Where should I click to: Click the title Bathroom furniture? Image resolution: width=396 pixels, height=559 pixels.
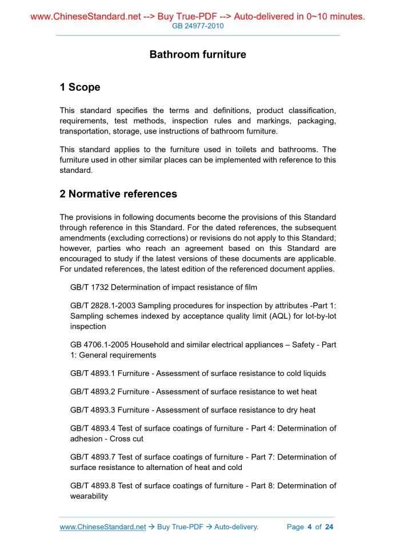(x=198, y=55)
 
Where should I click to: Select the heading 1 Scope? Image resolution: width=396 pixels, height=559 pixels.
(x=80, y=87)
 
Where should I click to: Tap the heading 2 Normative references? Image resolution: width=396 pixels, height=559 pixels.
(x=118, y=194)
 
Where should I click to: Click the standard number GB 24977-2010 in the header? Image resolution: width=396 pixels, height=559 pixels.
(x=198, y=26)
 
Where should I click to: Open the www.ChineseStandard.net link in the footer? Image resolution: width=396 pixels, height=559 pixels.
(x=103, y=527)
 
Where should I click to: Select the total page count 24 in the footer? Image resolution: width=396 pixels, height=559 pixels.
(x=329, y=527)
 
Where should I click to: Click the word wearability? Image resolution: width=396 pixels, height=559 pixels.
(x=89, y=496)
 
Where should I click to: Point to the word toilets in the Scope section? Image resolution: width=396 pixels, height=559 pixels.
(x=235, y=149)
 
